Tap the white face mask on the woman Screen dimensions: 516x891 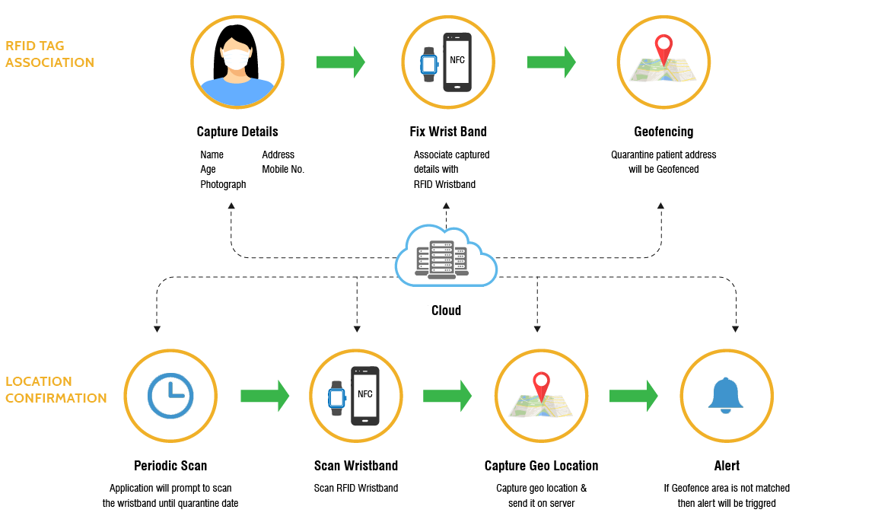[x=237, y=58]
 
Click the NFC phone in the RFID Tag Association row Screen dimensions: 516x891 [x=457, y=62]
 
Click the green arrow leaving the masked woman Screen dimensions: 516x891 [x=340, y=62]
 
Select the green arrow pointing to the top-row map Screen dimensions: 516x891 [x=551, y=62]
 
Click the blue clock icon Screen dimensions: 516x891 [x=170, y=396]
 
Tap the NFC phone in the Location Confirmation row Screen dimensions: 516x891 [x=364, y=396]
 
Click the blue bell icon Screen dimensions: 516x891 [x=726, y=395]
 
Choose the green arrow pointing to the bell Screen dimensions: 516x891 [x=633, y=396]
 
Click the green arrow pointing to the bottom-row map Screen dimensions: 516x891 [x=447, y=396]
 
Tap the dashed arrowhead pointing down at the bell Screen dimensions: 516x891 [x=735, y=329]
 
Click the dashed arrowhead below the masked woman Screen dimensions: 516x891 [x=231, y=205]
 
